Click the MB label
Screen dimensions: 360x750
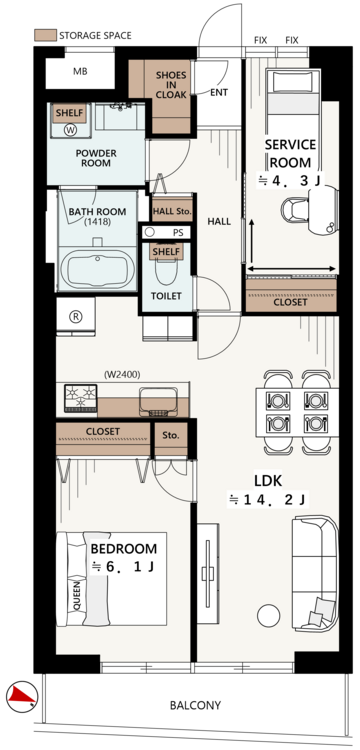80,72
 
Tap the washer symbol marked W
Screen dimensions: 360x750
70,129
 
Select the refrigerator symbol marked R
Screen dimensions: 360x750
75,316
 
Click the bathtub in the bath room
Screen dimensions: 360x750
97,270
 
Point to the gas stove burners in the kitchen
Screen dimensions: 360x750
80,398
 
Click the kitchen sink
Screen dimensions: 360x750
158,402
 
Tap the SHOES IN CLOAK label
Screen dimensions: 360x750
171,85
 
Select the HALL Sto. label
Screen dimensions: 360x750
172,211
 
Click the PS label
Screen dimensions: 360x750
178,232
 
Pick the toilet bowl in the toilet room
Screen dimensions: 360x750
166,269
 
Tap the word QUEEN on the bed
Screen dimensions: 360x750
77,595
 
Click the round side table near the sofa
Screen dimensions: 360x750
268,616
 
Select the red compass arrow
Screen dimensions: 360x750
21,695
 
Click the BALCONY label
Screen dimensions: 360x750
196,705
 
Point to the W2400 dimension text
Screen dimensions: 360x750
122,375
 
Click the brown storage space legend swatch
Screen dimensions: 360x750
44,35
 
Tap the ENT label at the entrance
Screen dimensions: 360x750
219,92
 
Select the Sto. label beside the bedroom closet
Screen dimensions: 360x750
171,436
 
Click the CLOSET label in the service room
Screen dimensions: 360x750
290,302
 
